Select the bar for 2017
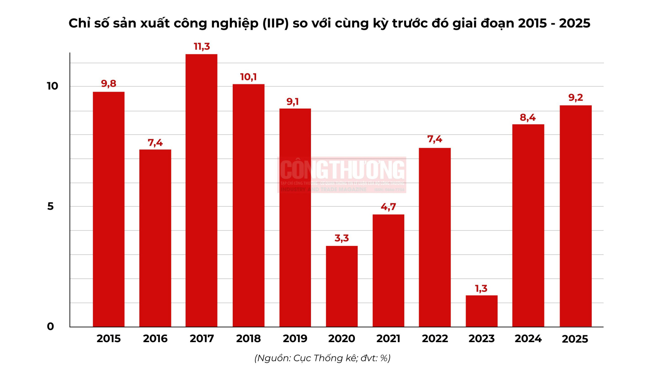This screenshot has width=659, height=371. tap(201, 190)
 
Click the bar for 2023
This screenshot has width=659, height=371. tap(482, 311)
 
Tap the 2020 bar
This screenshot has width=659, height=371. tap(342, 286)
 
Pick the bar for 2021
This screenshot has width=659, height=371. tap(388, 270)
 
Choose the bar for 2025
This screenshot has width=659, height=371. tap(576, 216)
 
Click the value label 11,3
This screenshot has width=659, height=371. tap(202, 46)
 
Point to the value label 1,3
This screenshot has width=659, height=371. tap(481, 289)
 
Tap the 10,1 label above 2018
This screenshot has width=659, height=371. tap(248, 77)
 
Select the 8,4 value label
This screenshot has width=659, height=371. tap(528, 117)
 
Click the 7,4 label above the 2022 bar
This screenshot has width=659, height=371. tap(435, 139)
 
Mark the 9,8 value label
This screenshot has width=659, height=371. tap(108, 83)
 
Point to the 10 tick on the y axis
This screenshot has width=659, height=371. tap(53, 86)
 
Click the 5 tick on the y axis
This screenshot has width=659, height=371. tap(50, 206)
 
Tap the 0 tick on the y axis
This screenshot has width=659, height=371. tap(50, 326)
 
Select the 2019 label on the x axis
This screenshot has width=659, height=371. tap(295, 339)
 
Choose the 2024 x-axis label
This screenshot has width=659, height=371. tap(528, 339)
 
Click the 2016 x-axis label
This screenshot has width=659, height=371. tap(155, 339)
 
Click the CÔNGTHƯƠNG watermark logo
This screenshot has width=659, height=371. tap(342, 175)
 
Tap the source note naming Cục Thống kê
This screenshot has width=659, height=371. tap(322, 358)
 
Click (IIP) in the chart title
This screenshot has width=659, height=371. tap(276, 23)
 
